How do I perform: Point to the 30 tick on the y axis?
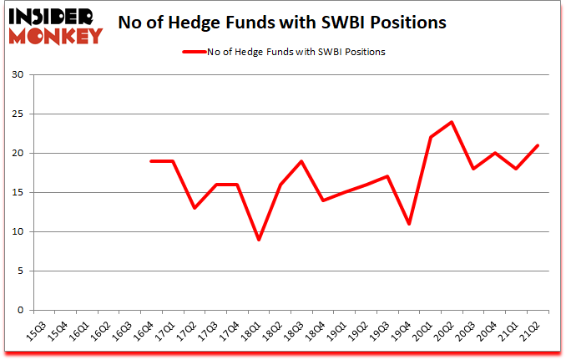[x=18, y=75]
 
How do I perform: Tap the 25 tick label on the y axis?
[x=18, y=114]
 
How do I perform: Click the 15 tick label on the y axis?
[x=18, y=193]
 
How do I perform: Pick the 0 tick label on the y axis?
[x=21, y=310]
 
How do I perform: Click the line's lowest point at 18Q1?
[x=259, y=240]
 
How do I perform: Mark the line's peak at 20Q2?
[x=452, y=122]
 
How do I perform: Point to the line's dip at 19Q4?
[x=409, y=224]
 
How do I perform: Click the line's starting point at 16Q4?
[x=151, y=161]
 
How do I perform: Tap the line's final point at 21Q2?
[x=538, y=145]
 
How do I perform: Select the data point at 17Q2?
[x=195, y=208]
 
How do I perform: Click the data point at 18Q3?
[x=301, y=161]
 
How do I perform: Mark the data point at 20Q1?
[x=431, y=138]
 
